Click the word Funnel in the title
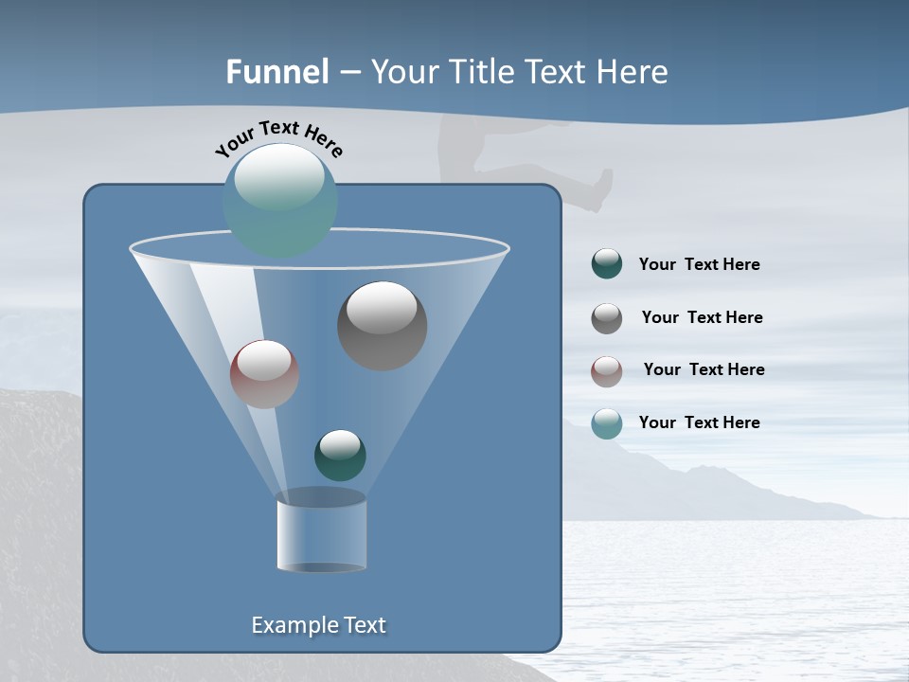tap(277, 72)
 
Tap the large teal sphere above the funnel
tap(280, 200)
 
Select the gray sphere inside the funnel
tap(382, 326)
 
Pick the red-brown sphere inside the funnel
tap(264, 374)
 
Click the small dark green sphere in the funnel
tap(340, 455)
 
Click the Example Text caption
tap(318, 625)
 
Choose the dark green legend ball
tap(607, 264)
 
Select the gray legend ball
tap(607, 318)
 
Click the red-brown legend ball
tap(607, 370)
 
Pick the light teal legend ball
tap(607, 423)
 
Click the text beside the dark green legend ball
tap(699, 265)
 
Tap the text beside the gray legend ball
tap(702, 318)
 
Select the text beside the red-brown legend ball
tap(704, 370)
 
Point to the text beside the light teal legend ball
tap(699, 423)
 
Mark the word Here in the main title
tap(633, 72)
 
